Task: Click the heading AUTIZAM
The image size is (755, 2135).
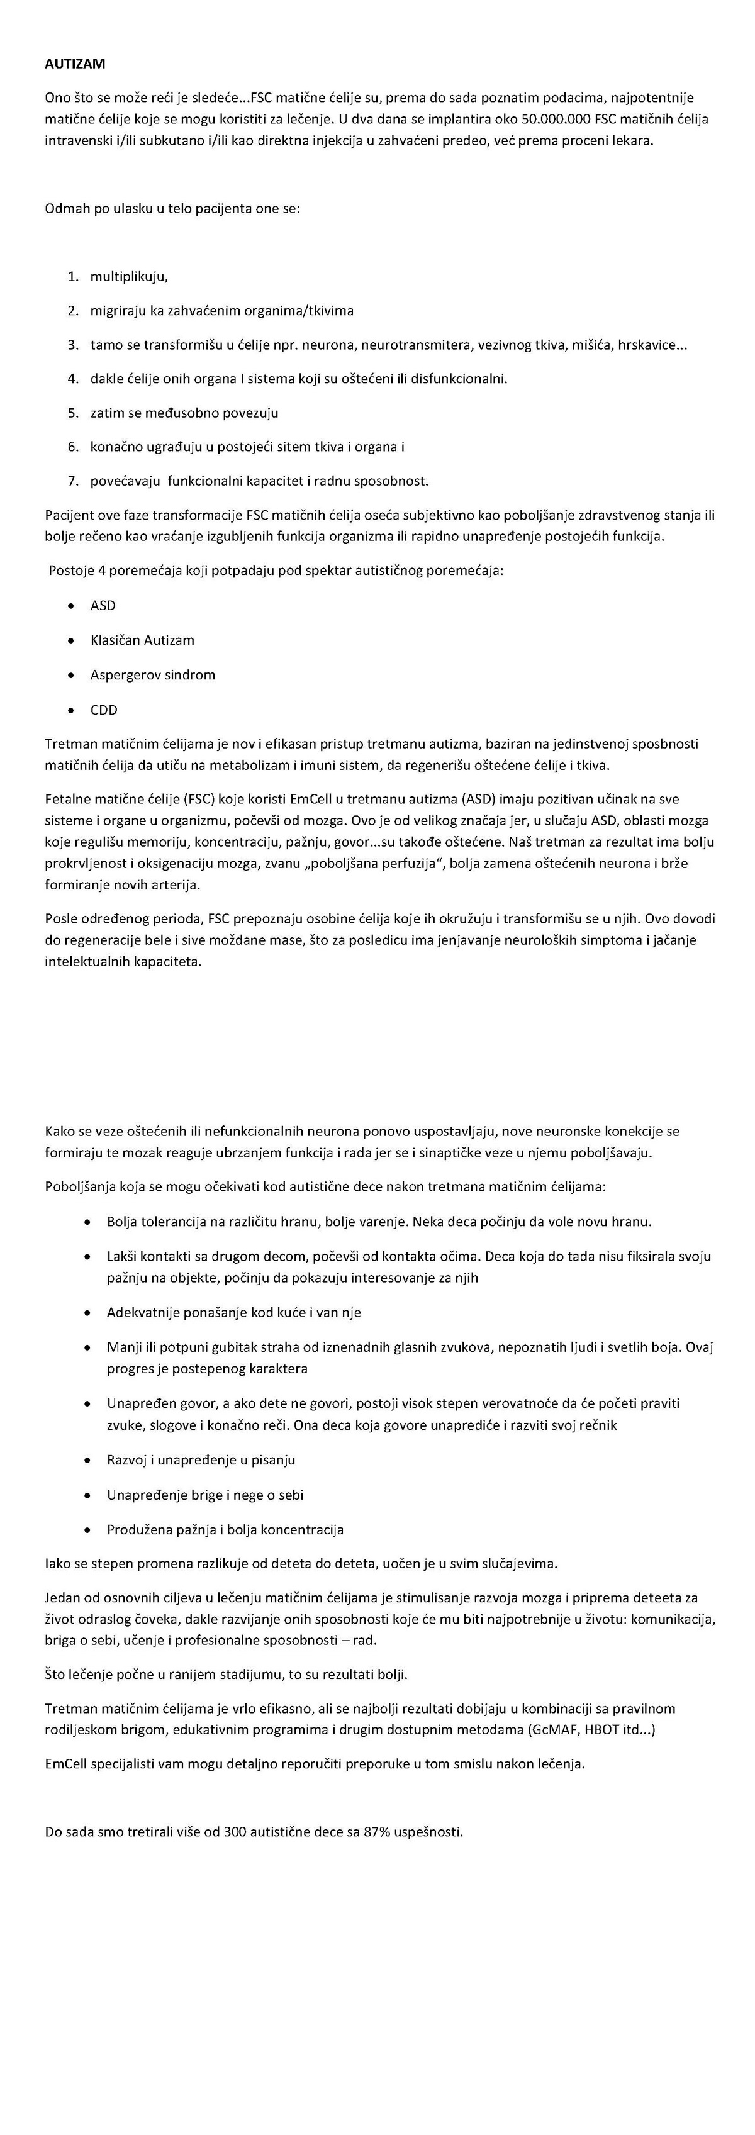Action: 75,63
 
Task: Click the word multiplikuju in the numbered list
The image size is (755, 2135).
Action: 128,276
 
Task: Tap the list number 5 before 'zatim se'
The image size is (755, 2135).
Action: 73,413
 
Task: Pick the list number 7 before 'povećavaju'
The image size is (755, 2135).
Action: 73,481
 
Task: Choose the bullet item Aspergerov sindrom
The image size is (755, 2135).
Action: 152,674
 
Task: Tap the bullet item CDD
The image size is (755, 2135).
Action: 104,710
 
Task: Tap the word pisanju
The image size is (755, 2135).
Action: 272,1459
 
